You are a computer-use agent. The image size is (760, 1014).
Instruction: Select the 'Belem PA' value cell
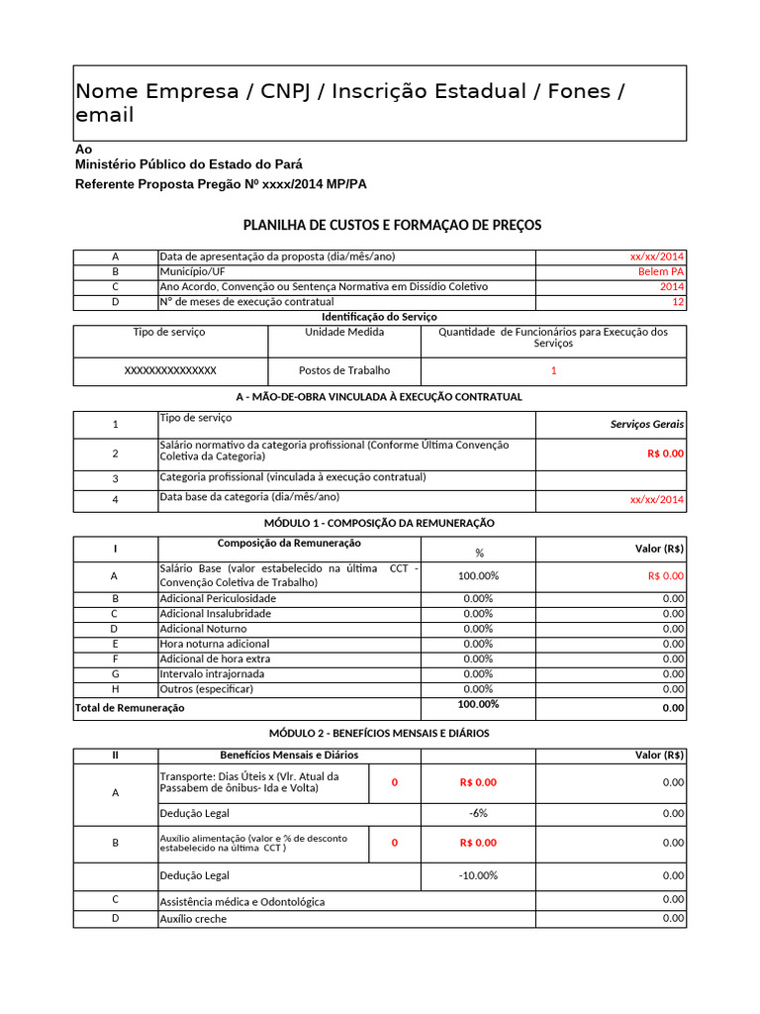[660, 271]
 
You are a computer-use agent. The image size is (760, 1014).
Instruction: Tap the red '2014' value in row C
[671, 286]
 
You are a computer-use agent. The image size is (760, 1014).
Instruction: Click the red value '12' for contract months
[678, 301]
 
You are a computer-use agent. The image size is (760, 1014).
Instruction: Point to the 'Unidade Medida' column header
[344, 333]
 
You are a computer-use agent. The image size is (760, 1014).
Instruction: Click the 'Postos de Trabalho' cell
[344, 370]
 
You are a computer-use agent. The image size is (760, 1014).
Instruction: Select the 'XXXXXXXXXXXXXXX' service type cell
[170, 370]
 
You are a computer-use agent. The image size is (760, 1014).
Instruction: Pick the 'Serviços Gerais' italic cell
[647, 424]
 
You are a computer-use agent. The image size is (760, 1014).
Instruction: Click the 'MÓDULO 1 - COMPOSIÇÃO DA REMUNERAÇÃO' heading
[379, 523]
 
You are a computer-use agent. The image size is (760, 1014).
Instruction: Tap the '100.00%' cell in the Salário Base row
[479, 575]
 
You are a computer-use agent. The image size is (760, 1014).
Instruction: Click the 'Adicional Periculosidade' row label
[218, 598]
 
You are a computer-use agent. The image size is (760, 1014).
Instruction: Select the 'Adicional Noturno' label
[204, 629]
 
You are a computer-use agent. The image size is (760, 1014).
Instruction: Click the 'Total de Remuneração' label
[130, 708]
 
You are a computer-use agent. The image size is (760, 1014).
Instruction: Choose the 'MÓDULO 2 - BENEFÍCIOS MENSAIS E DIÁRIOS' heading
[379, 733]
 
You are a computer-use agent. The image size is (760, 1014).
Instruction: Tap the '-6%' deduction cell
[479, 813]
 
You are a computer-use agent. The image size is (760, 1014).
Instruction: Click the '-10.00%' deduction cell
[479, 875]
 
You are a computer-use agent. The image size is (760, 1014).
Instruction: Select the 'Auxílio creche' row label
[193, 919]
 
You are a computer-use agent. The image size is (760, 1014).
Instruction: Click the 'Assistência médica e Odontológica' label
[242, 902]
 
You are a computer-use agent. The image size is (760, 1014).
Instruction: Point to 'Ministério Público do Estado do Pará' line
[189, 164]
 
